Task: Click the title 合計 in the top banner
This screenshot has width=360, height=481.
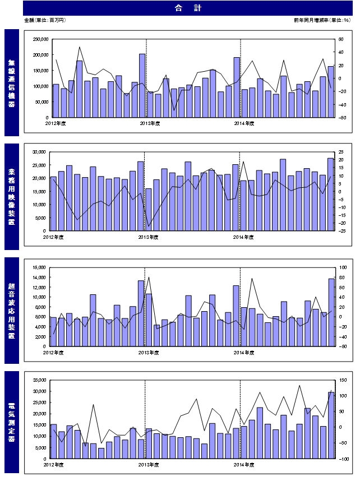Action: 180,8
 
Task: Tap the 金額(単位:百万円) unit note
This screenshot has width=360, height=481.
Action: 45,20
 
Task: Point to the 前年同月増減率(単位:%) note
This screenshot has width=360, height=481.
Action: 321,20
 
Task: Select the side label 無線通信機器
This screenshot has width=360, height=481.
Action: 12,82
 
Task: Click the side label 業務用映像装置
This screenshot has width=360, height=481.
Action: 12,196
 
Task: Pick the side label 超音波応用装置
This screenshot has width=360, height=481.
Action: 12,310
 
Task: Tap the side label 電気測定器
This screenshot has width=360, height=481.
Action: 12,423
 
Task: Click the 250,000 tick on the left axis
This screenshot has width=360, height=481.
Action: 41,39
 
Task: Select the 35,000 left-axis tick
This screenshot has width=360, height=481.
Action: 43,380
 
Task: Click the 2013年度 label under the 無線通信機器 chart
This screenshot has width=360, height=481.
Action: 150,123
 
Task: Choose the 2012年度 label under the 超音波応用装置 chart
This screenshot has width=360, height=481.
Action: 54,352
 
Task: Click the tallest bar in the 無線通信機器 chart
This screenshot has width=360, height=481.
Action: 142,86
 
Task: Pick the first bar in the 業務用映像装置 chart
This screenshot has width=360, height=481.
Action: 53,203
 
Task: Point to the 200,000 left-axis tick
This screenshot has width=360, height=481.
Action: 41,55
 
